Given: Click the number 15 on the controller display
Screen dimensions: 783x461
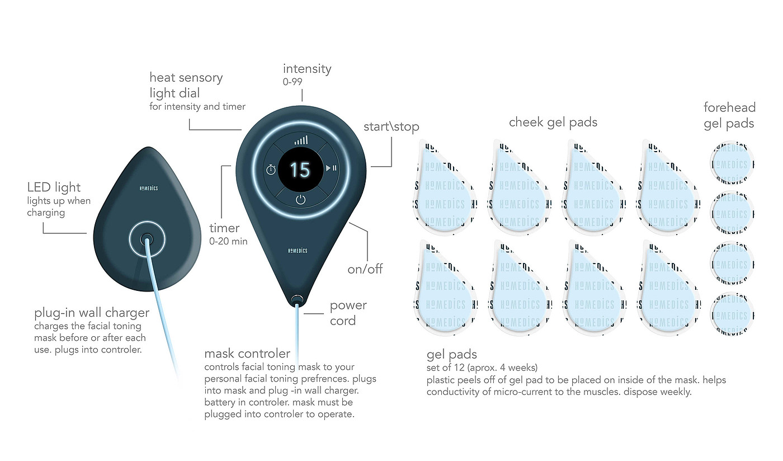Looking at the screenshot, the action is (x=300, y=169).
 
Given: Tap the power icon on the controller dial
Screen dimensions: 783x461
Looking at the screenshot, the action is (x=300, y=200).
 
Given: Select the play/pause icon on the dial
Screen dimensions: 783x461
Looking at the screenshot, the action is (x=331, y=168).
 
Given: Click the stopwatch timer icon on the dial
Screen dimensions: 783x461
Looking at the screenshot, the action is (x=271, y=169).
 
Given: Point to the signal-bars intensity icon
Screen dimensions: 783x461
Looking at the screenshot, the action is (x=301, y=140).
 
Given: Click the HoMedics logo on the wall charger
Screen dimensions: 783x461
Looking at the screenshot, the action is (x=148, y=189).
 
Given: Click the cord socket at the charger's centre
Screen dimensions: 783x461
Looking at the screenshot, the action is (x=147, y=239).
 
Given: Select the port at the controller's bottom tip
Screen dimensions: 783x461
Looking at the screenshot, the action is (x=297, y=300).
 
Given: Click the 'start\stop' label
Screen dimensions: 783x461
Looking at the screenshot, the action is (x=391, y=126).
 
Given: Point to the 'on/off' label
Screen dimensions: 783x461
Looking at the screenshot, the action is (x=365, y=269).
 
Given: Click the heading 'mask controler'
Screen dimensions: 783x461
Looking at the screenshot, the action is (x=247, y=354).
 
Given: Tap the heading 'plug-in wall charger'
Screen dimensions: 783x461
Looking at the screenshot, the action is (x=92, y=312).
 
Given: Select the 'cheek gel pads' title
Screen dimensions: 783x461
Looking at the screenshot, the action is (x=553, y=122).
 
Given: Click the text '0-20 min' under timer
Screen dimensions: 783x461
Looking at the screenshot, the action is (x=228, y=242).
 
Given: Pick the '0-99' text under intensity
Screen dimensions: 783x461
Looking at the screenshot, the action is (x=293, y=82).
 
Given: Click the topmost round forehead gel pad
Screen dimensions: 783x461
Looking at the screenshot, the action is (x=730, y=164).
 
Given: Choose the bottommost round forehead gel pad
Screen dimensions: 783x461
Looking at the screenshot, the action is (x=730, y=314).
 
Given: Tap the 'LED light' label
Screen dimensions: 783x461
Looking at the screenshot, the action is (x=54, y=187).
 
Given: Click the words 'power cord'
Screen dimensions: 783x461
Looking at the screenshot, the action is (x=348, y=313).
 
